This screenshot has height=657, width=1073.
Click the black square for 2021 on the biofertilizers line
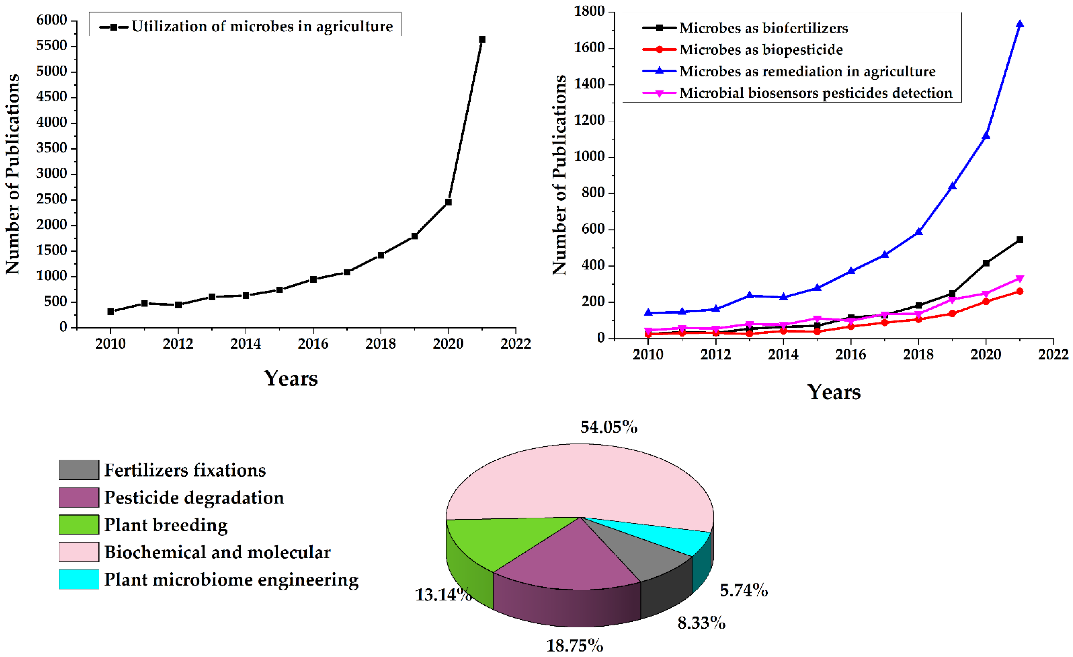[x=1020, y=240]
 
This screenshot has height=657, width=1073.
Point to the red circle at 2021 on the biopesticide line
[x=1020, y=291]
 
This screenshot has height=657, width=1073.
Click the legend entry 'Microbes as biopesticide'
[x=761, y=50]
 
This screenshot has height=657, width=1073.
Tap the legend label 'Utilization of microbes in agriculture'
[x=262, y=27]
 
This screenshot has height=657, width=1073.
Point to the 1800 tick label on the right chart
[x=590, y=11]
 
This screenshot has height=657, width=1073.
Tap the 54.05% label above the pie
[x=609, y=427]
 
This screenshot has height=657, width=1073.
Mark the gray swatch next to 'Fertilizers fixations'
[x=79, y=470]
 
